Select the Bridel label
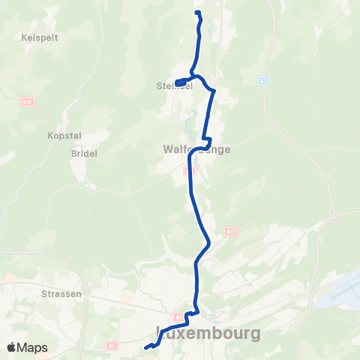tap(84, 152)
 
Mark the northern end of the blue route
tap(196, 13)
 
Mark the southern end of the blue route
tap(145, 346)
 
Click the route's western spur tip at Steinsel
tap(176, 82)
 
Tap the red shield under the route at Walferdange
tap(188, 171)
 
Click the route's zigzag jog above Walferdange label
tap(208, 140)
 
